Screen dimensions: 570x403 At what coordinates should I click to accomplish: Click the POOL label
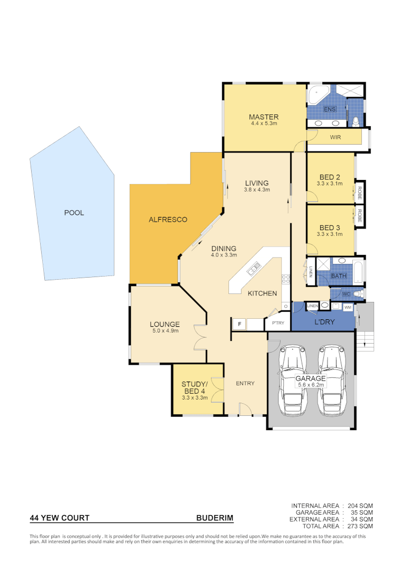[74, 213]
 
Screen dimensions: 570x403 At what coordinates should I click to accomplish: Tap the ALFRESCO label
[168, 219]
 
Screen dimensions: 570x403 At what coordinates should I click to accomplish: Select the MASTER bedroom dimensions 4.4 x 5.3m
[264, 123]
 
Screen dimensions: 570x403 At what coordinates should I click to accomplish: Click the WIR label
[335, 137]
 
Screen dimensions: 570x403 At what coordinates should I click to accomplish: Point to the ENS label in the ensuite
[330, 109]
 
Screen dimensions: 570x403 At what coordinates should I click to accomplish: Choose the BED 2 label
[330, 177]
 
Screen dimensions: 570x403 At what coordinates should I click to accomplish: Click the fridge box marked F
[239, 324]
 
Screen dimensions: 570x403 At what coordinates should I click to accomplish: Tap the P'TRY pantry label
[277, 324]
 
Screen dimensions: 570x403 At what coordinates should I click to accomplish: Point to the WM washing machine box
[348, 307]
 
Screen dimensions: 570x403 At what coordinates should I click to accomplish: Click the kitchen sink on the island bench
[253, 270]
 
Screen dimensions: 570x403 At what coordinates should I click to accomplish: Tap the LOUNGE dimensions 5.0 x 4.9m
[165, 331]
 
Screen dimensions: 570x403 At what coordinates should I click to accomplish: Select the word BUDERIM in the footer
[215, 518]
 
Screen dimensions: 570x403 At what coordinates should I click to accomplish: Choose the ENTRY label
[245, 383]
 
